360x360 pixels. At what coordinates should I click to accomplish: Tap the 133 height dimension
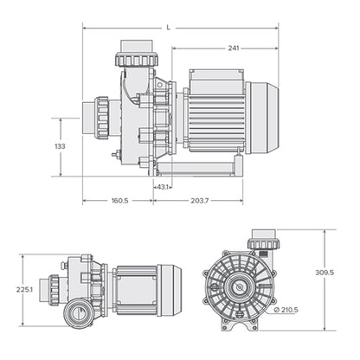tap(60, 147)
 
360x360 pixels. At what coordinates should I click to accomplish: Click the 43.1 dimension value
tap(162, 187)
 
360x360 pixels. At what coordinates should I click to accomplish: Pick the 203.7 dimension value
tap(199, 200)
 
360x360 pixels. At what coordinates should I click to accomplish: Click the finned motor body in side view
tap(215, 119)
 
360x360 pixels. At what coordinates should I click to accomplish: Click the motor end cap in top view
tap(168, 288)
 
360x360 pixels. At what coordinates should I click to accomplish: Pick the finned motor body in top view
tap(133, 288)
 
